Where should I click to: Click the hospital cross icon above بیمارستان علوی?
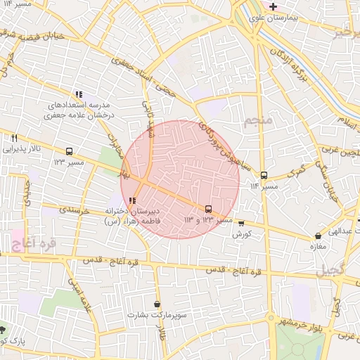pos(274,6)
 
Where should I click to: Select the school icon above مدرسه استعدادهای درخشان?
pos(79,94)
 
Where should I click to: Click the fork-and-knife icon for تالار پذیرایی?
pos(14,138)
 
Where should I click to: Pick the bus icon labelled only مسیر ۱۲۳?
pos(69,151)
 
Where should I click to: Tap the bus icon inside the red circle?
pos(208,209)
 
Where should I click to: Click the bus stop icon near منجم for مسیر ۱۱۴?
pos(264,175)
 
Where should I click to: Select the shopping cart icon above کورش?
pos(242,223)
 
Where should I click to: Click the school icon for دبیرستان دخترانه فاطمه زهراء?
pos(133,200)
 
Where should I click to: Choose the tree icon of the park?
pos(4,329)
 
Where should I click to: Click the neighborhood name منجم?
pos(258,122)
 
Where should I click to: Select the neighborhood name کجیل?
pos(330,269)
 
